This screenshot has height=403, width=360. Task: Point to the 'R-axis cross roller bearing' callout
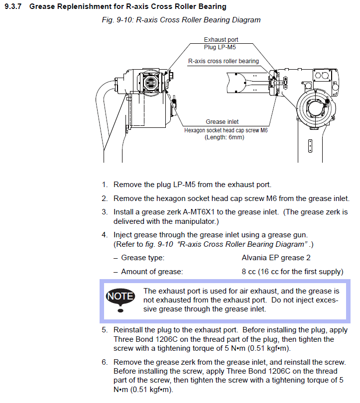[223, 61]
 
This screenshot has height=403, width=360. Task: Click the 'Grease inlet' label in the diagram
[222, 122]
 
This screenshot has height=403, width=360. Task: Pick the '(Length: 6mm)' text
[224, 137]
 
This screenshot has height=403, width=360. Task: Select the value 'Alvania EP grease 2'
[276, 258]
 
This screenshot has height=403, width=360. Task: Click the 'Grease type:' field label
[142, 258]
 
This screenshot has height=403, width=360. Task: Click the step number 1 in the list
[105, 185]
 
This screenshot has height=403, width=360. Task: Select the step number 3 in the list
[105, 211]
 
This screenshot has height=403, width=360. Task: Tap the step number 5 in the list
[105, 330]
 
